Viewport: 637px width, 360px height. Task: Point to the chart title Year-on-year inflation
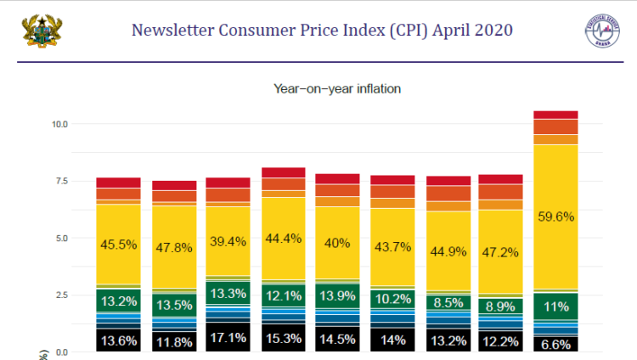click(337, 87)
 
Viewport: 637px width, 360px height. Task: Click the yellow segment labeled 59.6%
click(555, 217)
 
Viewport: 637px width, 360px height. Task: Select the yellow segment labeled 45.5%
click(118, 244)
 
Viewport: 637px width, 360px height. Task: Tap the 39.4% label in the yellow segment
click(228, 241)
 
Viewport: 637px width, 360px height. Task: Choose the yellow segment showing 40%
click(337, 243)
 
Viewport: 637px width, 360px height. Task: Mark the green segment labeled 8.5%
click(447, 301)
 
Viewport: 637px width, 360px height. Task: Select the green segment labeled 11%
click(555, 307)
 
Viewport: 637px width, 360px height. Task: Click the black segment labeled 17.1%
click(228, 337)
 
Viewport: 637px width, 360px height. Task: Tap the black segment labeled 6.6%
click(555, 344)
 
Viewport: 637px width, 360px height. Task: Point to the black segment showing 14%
click(392, 340)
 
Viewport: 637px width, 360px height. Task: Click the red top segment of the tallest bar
click(555, 115)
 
